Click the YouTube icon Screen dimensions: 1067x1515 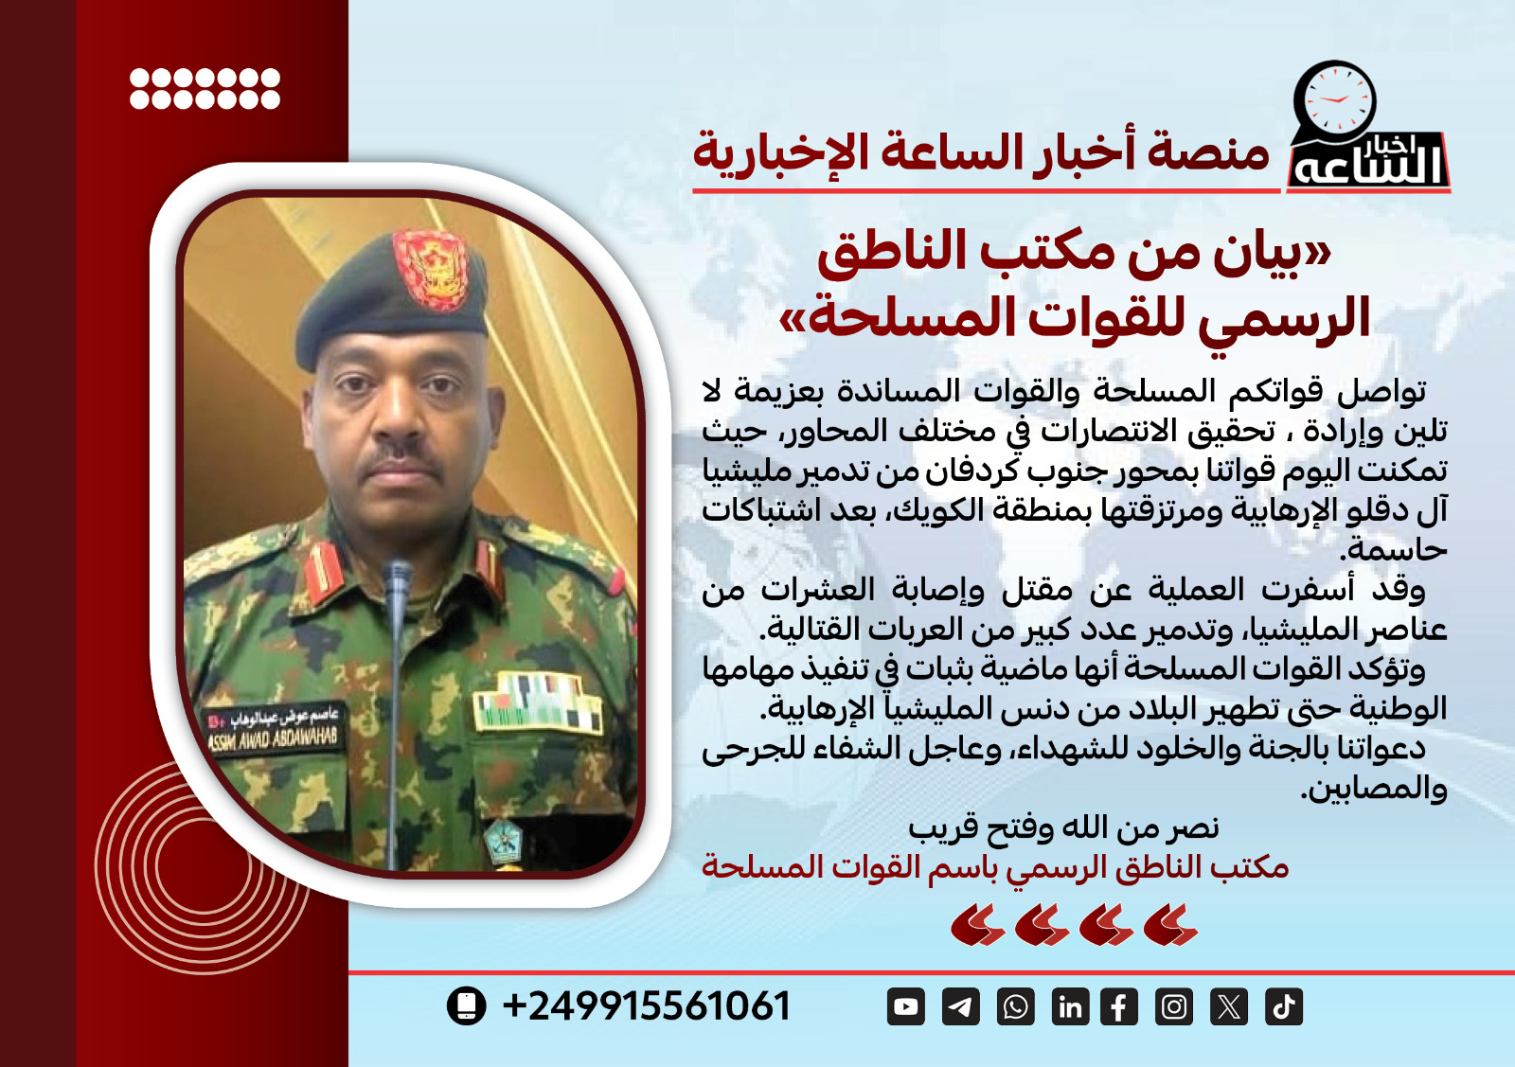coord(906,1006)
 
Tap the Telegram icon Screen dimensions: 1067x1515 coord(960,1006)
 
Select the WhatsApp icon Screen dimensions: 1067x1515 coord(1015,1006)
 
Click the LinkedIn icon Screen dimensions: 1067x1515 coord(1070,1006)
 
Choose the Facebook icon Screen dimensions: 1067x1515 coord(1119,1006)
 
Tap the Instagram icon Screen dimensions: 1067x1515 coord(1174,1006)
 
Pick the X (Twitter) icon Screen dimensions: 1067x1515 coord(1229,1006)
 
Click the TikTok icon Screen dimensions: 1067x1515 coord(1284,1006)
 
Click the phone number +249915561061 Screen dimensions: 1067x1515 coord(647,1006)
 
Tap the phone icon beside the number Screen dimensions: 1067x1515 coord(466,1005)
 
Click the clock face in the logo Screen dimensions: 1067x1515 coord(1335,100)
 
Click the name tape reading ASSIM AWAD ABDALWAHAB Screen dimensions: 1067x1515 coord(273,730)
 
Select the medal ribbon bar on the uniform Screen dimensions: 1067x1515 coord(537,702)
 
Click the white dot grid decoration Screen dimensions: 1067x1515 coord(205,88)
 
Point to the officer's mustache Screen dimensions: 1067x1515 coord(405,458)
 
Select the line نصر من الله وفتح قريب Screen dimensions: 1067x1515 coord(1063,828)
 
